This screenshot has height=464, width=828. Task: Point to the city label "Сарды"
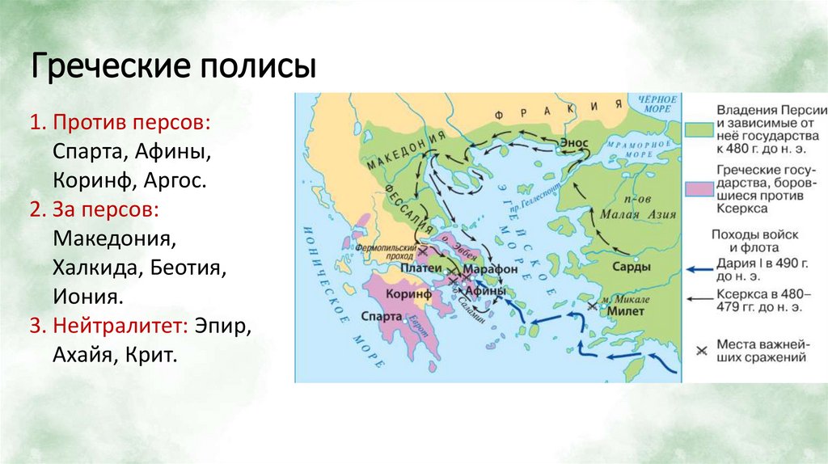tap(632, 267)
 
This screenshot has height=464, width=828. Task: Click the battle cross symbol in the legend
tap(701, 350)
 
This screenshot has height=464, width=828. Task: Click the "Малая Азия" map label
tap(632, 215)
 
